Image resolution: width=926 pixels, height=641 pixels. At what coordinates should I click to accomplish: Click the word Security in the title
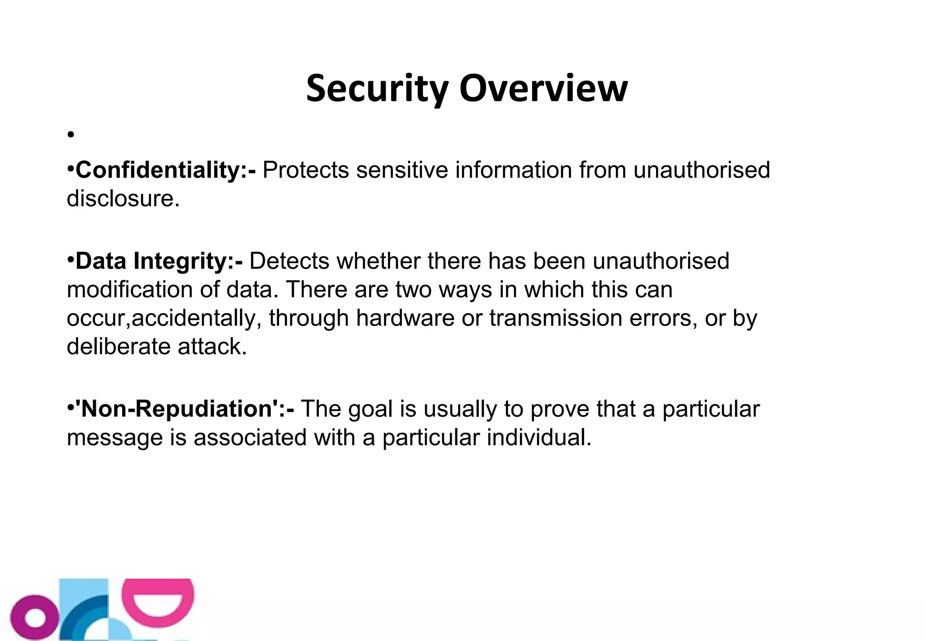pos(377,89)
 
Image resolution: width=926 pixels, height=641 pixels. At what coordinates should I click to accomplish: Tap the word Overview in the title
pos(543,89)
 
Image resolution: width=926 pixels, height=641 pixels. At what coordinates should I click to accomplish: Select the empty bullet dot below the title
pos(70,135)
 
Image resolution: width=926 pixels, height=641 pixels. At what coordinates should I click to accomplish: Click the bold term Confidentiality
pos(161,170)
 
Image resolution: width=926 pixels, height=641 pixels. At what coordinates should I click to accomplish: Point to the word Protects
pos(306,170)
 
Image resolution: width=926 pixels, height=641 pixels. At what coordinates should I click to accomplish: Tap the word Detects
pos(289,261)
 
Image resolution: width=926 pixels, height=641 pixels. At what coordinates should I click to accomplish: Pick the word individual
pos(539,438)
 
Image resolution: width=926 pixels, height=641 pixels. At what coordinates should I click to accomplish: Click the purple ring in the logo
pos(35,617)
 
